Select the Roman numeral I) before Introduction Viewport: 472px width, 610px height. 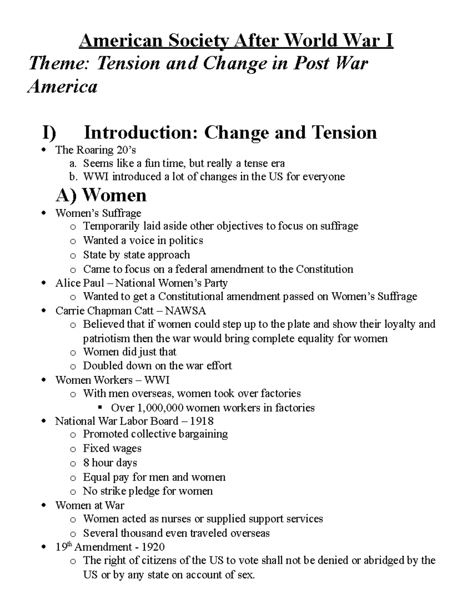click(x=49, y=133)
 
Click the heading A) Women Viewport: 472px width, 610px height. click(x=101, y=195)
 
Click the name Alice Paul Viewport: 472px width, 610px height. click(x=80, y=283)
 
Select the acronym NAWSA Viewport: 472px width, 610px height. click(x=186, y=311)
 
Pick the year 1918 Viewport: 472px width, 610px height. click(x=201, y=421)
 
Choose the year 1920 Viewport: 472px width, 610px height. click(x=153, y=547)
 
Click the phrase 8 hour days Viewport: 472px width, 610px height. click(x=110, y=463)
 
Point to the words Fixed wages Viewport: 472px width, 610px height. click(x=112, y=449)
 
